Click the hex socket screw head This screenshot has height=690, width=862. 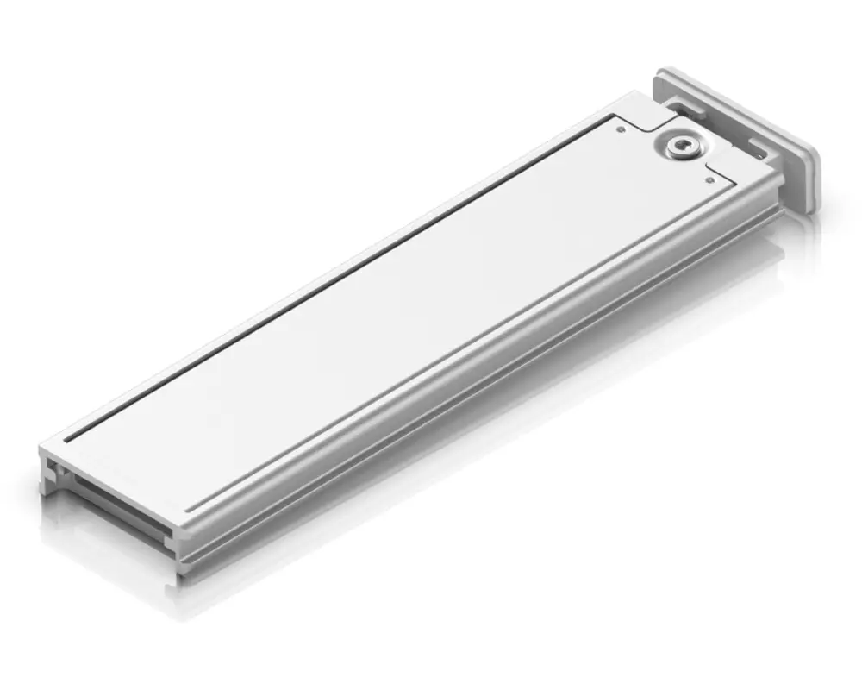click(x=680, y=147)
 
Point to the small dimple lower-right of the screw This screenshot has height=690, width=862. click(x=709, y=180)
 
